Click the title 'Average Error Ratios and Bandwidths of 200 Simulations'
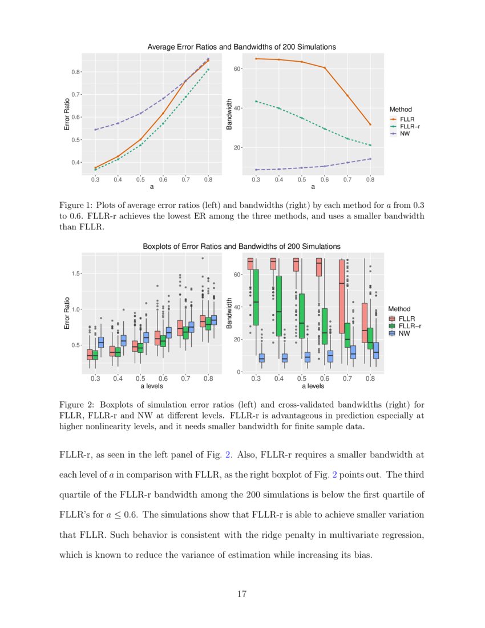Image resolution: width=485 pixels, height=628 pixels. pos(241,47)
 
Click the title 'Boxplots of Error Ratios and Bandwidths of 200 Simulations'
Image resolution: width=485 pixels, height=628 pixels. pos(241,246)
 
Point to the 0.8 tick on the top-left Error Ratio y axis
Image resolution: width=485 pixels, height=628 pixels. pos(75,72)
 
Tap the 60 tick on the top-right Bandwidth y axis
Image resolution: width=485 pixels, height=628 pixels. pos(239,69)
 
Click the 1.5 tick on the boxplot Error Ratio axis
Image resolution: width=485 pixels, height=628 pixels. pos(75,273)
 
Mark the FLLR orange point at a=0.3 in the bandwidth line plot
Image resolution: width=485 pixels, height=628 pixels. pos(256,59)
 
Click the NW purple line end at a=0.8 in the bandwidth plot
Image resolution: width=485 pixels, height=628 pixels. pos(370,159)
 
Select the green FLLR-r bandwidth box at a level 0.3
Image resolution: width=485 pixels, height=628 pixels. pos(256,297)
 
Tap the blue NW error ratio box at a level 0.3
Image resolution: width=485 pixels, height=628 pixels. pos(101,342)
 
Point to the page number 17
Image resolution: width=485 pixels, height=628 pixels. pos(242,594)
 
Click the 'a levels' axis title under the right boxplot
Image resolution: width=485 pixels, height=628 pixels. pos(313,386)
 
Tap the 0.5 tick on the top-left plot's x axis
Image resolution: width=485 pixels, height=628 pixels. pos(140,179)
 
